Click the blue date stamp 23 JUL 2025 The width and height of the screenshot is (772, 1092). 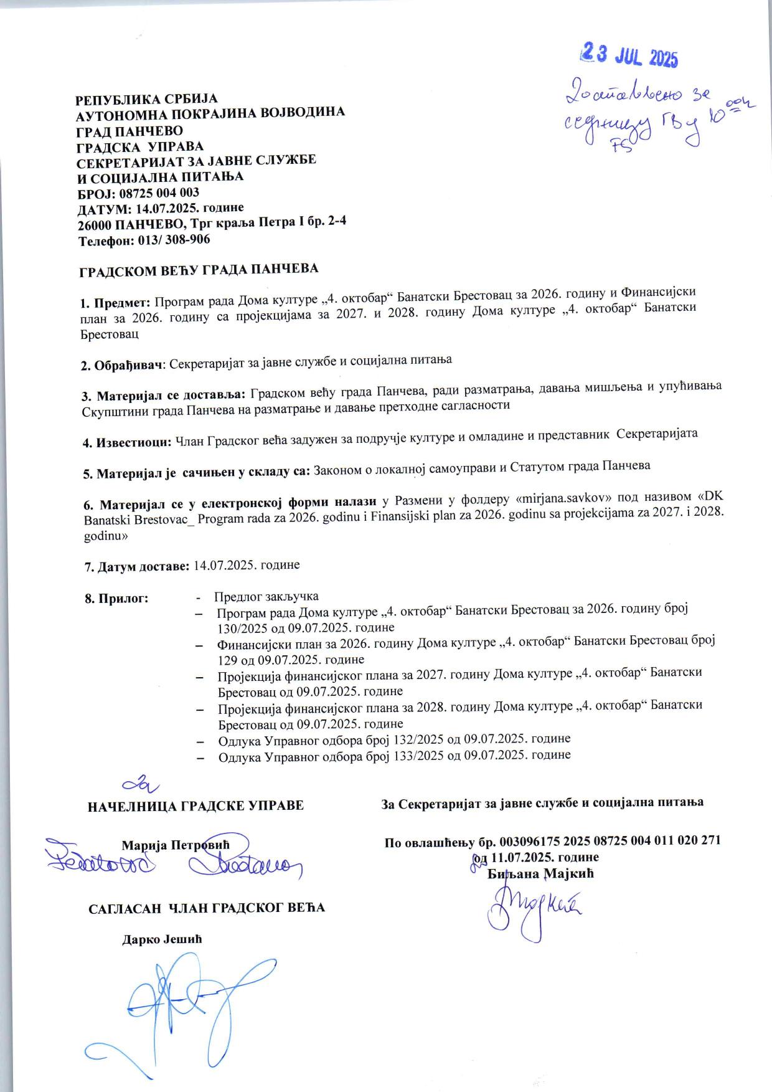click(x=628, y=57)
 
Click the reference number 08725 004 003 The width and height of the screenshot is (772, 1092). click(x=159, y=192)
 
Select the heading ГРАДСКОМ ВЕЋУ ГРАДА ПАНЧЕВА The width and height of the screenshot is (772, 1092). click(x=199, y=269)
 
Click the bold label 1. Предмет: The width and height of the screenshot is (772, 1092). click(x=116, y=303)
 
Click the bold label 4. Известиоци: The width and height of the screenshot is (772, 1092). click(x=128, y=442)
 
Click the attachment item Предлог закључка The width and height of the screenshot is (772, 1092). click(x=266, y=596)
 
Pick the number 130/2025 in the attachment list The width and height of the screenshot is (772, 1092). click(x=243, y=628)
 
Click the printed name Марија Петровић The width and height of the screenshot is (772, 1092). click(x=176, y=845)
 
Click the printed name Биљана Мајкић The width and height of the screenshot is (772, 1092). click(x=541, y=873)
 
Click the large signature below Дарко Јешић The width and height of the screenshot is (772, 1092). click(x=187, y=1003)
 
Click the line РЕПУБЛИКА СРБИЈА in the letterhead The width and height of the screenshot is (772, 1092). click(x=146, y=100)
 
